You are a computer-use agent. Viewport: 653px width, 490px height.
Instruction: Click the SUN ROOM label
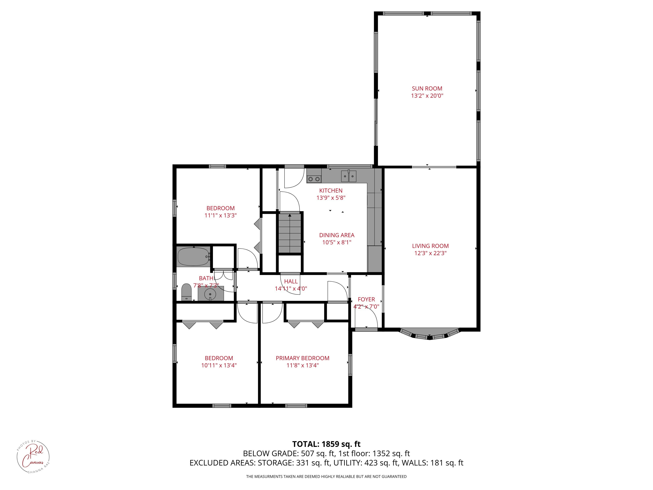click(427, 88)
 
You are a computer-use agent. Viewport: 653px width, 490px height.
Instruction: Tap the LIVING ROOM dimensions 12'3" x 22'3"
click(430, 253)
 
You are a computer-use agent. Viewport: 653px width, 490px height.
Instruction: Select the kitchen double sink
click(349, 176)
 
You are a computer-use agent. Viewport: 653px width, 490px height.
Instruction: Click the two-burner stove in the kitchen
click(314, 179)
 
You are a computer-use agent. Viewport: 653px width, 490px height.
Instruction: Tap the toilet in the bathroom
click(186, 292)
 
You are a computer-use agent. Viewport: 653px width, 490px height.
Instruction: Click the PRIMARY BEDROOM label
click(302, 358)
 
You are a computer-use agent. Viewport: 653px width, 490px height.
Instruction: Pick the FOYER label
click(366, 299)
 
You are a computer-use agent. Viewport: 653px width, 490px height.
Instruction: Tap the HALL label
click(291, 281)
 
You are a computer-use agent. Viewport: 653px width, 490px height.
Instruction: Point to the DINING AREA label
click(337, 235)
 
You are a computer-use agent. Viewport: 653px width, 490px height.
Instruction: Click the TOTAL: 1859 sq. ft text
click(326, 444)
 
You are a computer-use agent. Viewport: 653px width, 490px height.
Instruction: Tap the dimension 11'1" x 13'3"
click(220, 216)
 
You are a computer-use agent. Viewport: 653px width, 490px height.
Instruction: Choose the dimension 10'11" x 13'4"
click(219, 366)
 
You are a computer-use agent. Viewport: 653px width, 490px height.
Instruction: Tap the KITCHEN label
click(331, 191)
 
